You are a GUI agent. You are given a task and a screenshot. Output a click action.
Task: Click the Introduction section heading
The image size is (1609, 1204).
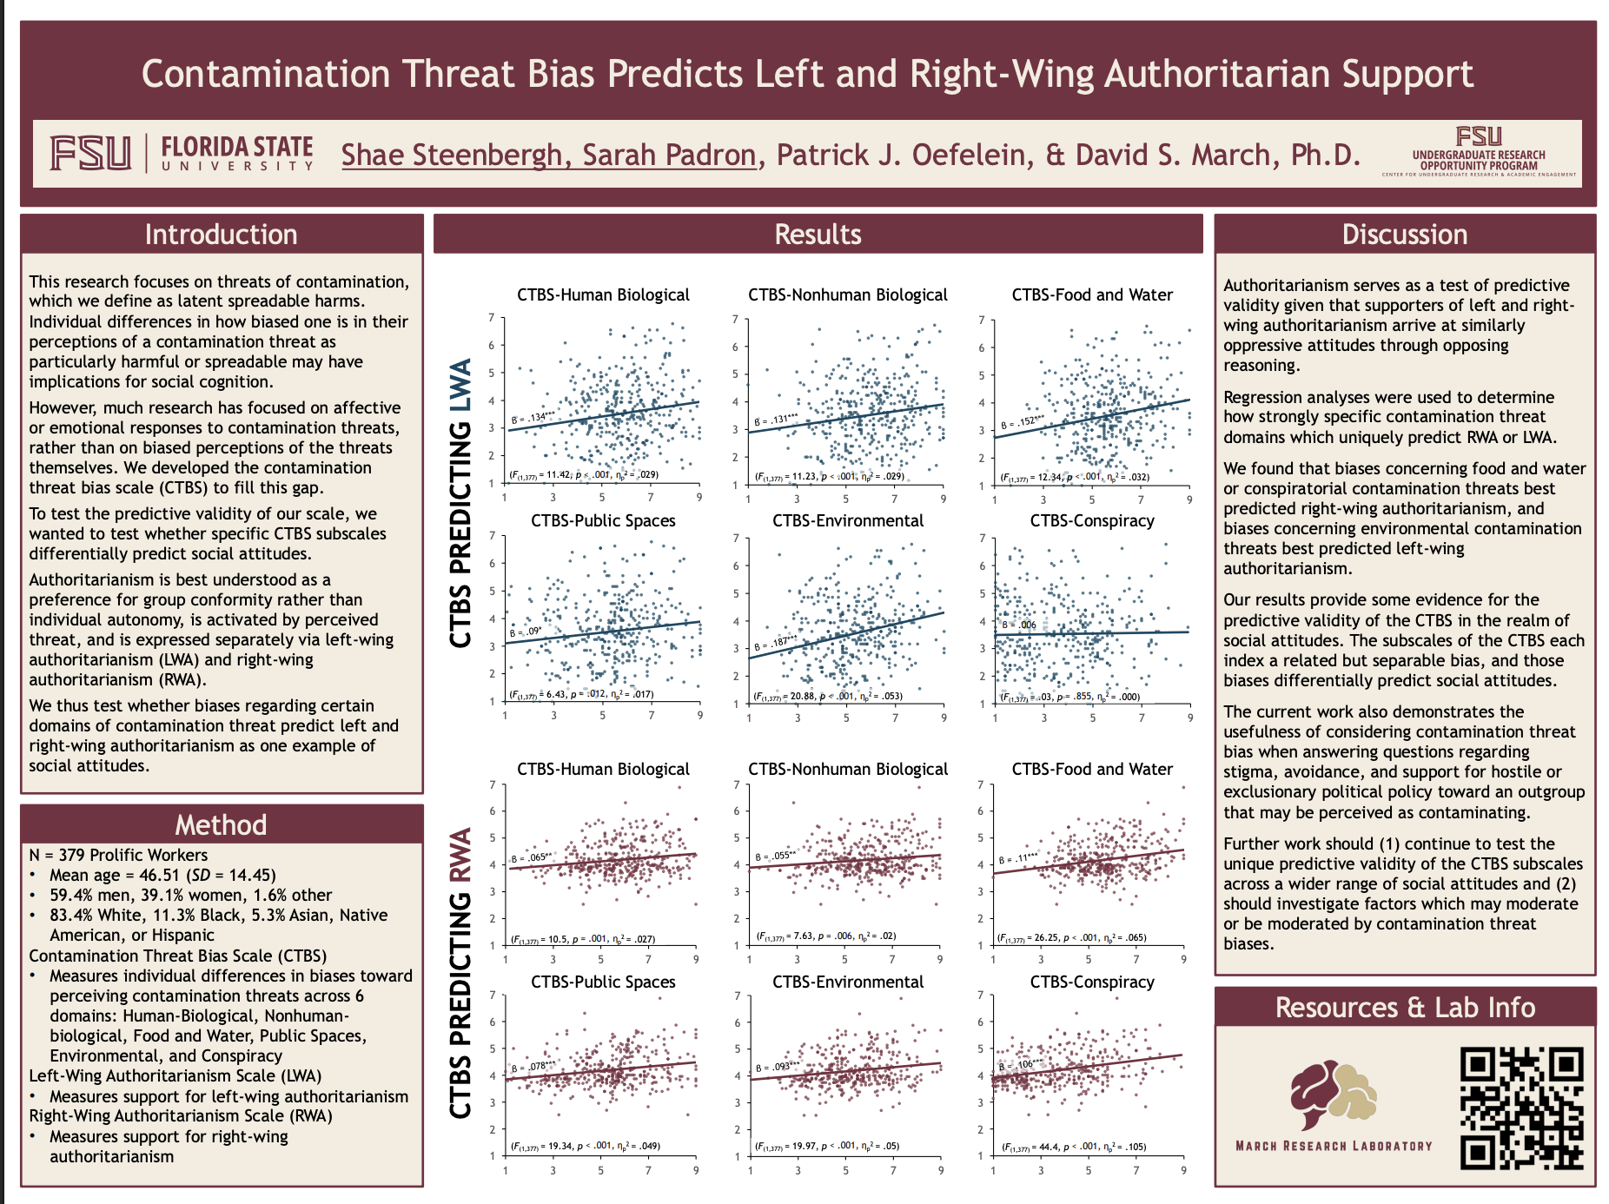(221, 235)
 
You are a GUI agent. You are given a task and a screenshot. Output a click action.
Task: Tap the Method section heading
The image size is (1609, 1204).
(221, 824)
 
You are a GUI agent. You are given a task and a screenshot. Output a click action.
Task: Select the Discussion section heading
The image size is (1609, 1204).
(1404, 235)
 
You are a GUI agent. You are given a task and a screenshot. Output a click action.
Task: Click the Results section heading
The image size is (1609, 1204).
(818, 235)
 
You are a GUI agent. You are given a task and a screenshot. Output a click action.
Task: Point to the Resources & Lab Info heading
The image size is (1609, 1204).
(1405, 1007)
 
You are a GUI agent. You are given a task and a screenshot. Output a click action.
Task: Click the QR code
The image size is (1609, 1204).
(1521, 1108)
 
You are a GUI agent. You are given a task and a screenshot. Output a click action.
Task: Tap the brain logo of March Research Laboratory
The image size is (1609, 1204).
(1333, 1096)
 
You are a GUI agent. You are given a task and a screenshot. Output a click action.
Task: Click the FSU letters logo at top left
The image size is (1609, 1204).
(90, 154)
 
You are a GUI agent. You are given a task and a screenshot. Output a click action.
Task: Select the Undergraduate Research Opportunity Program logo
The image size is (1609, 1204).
(1478, 152)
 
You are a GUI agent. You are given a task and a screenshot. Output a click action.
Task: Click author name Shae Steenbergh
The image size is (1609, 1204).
(452, 155)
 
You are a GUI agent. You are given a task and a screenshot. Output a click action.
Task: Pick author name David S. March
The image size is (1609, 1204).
(1216, 155)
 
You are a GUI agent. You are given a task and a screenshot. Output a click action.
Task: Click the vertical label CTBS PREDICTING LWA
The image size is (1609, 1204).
(460, 502)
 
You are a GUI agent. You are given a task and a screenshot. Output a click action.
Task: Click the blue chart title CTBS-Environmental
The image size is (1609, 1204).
(848, 520)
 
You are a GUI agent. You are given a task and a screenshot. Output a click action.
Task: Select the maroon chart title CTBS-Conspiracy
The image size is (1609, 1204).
(1092, 982)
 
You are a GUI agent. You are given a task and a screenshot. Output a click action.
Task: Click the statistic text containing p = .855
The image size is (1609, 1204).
(1070, 697)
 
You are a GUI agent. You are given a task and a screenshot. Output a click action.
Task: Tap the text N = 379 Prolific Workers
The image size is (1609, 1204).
(118, 855)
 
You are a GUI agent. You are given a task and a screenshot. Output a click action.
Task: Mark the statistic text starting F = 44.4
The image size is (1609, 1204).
(1074, 1147)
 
